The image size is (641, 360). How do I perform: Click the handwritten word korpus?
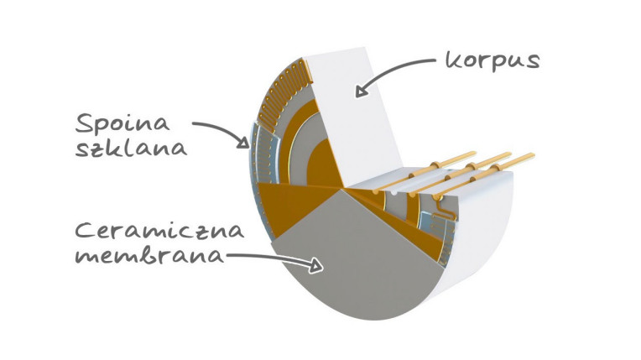tap(492, 61)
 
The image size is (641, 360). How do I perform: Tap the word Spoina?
tap(122, 123)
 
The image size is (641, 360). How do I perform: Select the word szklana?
tap(131, 148)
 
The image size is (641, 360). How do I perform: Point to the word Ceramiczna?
tap(159, 231)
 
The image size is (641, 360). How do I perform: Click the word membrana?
tap(149, 256)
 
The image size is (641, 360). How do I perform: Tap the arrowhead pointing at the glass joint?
tap(243, 142)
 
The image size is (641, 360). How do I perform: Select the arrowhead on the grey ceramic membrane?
tap(317, 266)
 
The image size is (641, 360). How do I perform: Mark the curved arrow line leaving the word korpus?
tap(393, 67)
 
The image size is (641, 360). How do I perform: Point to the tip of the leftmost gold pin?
tap(474, 154)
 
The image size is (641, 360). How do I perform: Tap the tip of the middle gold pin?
tap(509, 154)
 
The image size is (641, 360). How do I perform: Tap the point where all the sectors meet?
tap(341, 189)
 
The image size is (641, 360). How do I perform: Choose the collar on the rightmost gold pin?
tap(497, 167)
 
